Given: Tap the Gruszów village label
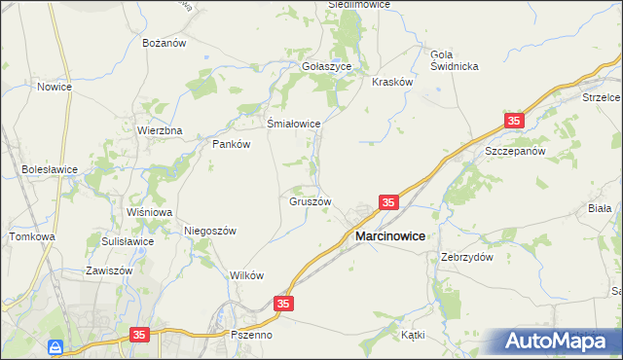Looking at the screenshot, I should (311, 202).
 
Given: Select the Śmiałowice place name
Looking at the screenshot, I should (294, 124).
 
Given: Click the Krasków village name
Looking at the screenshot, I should (393, 83).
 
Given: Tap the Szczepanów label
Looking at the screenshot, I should (513, 153).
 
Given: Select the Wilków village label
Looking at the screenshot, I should (247, 275).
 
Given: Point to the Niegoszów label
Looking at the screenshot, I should (210, 231).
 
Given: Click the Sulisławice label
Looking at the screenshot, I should (128, 241).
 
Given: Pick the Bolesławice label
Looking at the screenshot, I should (50, 168).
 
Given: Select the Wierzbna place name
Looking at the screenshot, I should (160, 129).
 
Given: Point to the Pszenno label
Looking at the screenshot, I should (252, 334).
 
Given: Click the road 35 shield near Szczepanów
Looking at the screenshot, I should (514, 121).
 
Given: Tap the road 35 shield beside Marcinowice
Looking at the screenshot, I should (388, 202).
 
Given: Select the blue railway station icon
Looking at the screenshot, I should (57, 345).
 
